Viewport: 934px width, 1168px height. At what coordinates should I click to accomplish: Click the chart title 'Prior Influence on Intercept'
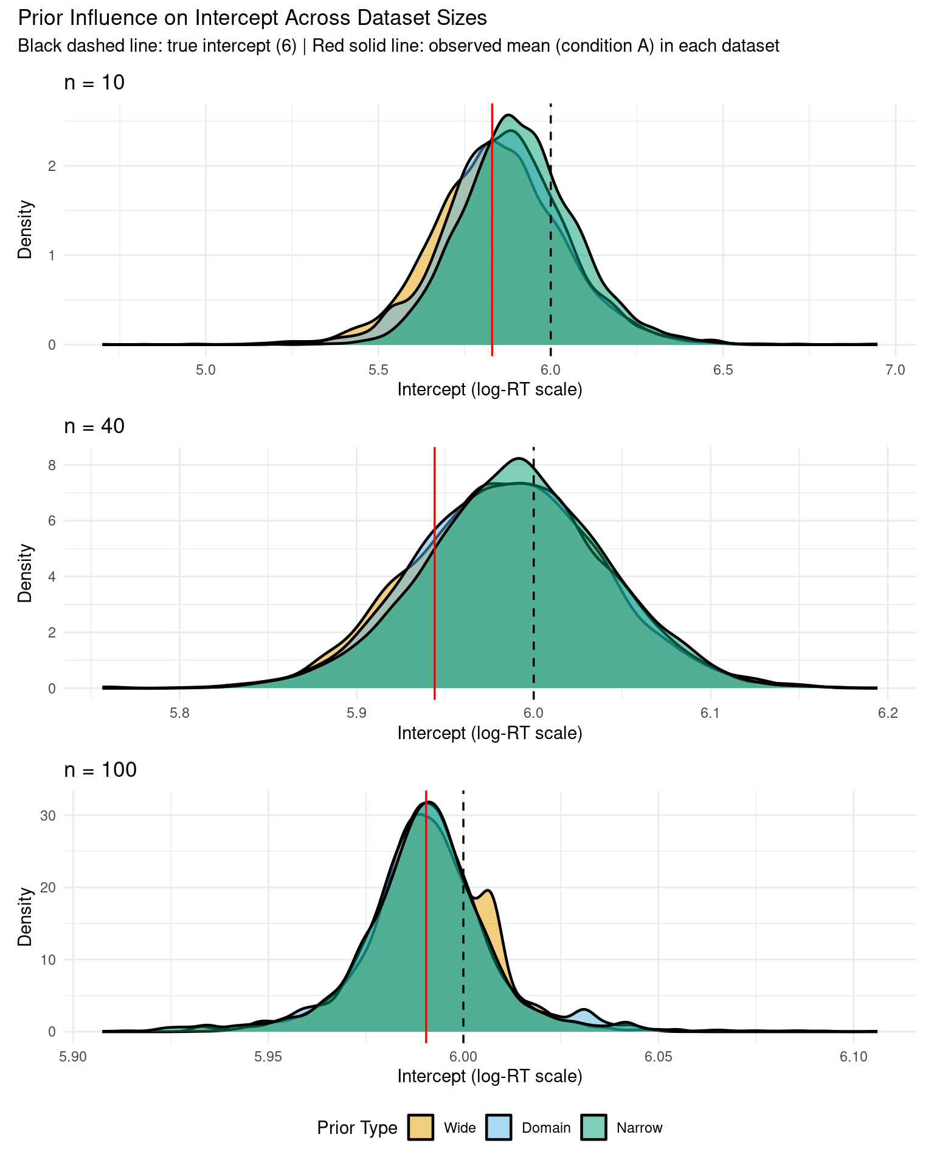[x=252, y=18]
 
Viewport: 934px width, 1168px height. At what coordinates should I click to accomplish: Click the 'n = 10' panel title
[x=94, y=82]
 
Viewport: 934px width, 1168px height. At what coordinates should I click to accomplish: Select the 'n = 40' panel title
[x=94, y=426]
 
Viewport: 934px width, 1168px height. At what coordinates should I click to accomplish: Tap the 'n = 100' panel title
[x=100, y=770]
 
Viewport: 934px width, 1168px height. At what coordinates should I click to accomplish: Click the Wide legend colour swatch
[x=421, y=1128]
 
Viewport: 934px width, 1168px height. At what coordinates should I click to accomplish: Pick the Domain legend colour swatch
[x=499, y=1128]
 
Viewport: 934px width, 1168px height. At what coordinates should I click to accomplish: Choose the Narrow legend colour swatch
[x=593, y=1128]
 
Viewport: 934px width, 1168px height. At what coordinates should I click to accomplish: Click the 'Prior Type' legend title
[x=357, y=1128]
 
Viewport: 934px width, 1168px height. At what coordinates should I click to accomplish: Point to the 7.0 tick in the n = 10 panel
[x=895, y=370]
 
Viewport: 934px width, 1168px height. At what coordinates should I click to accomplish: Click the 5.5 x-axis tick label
[x=378, y=370]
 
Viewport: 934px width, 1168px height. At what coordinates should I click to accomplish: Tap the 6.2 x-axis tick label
[x=888, y=713]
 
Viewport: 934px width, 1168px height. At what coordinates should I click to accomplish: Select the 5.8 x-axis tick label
[x=179, y=713]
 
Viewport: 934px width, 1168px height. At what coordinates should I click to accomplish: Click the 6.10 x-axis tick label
[x=853, y=1057]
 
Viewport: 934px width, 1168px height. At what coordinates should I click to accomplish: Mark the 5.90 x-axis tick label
[x=73, y=1057]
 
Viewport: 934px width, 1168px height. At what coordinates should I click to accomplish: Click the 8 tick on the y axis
[x=52, y=465]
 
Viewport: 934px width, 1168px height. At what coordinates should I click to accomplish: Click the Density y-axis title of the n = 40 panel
[x=25, y=573]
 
